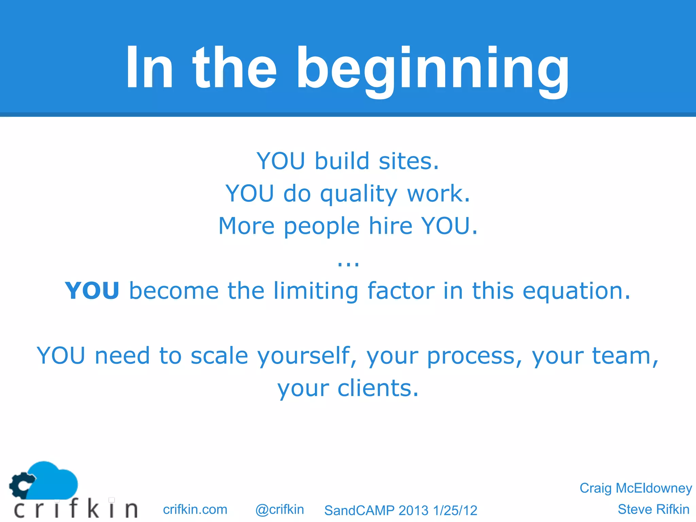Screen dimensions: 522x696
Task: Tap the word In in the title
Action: (x=150, y=68)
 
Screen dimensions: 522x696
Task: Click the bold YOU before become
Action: (x=92, y=291)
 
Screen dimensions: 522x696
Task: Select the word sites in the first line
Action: (x=409, y=161)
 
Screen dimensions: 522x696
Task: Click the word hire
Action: (x=391, y=226)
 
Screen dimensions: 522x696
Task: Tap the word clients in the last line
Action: (x=378, y=388)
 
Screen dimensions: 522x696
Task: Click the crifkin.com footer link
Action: (x=195, y=509)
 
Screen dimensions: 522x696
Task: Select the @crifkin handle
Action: (x=279, y=509)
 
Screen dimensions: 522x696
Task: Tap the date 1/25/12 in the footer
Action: (x=455, y=510)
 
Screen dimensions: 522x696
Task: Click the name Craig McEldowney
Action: (x=636, y=488)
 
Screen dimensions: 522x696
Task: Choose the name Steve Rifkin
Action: (x=653, y=509)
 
